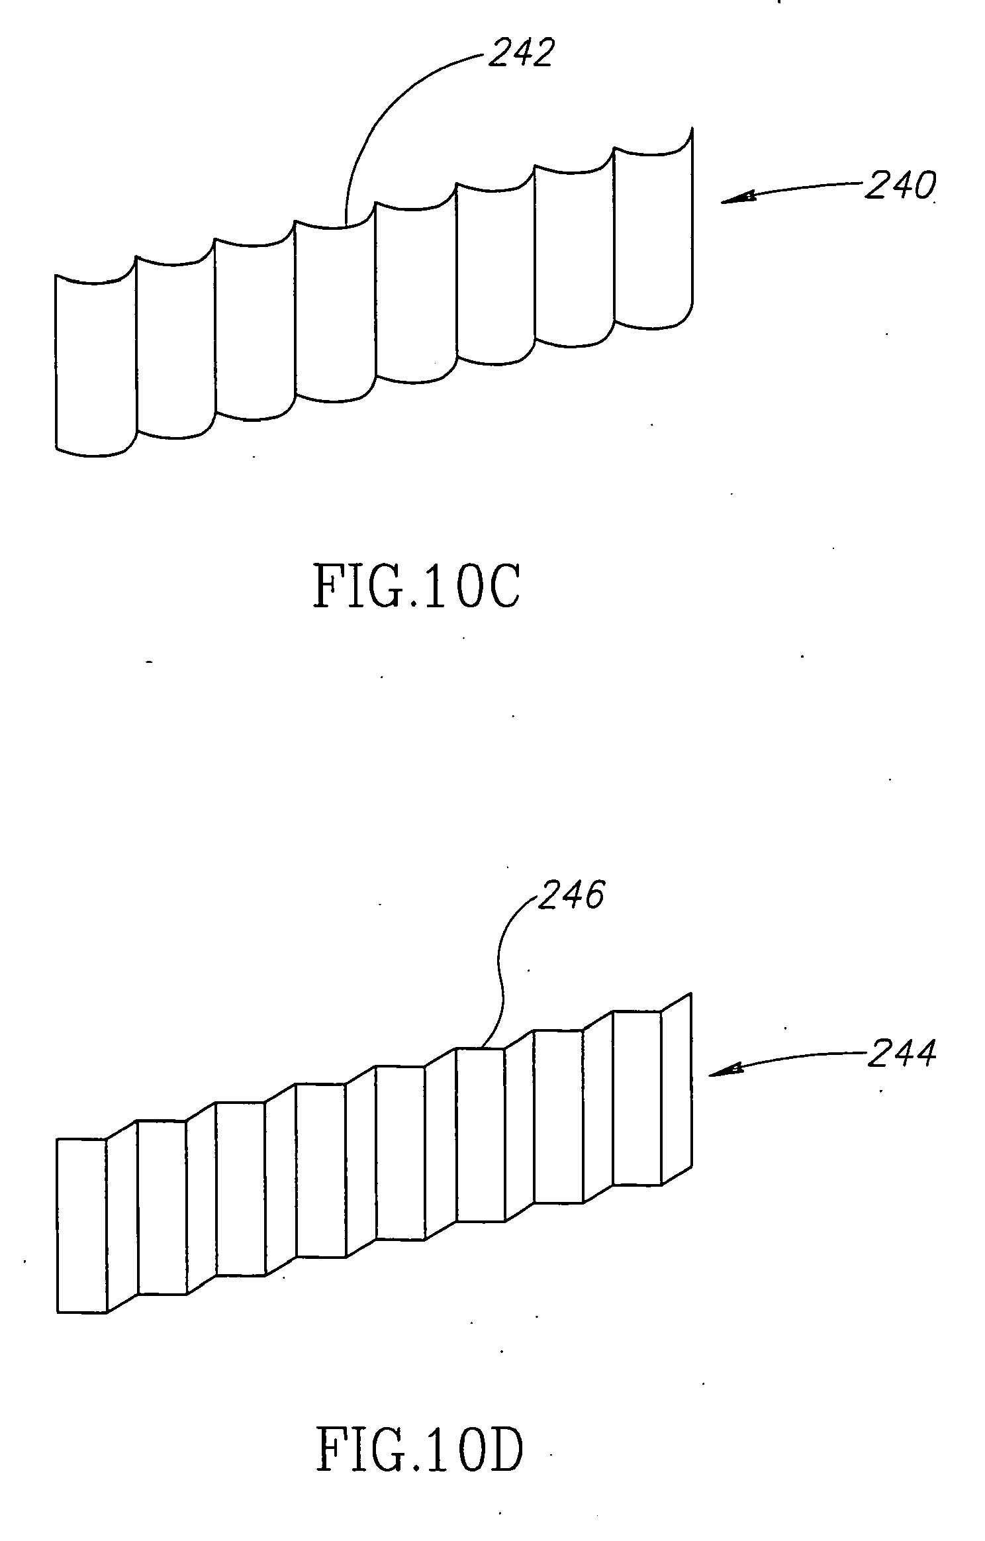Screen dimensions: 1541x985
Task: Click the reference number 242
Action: click(x=520, y=52)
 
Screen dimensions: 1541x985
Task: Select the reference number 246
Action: click(x=571, y=897)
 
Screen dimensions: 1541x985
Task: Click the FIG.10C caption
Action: click(x=416, y=587)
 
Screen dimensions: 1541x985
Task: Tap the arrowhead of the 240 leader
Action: click(x=738, y=197)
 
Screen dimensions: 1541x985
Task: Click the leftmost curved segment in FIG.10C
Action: click(x=96, y=364)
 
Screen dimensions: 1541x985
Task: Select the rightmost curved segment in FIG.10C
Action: click(x=653, y=238)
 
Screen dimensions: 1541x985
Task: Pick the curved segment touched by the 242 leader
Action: click(x=336, y=311)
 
